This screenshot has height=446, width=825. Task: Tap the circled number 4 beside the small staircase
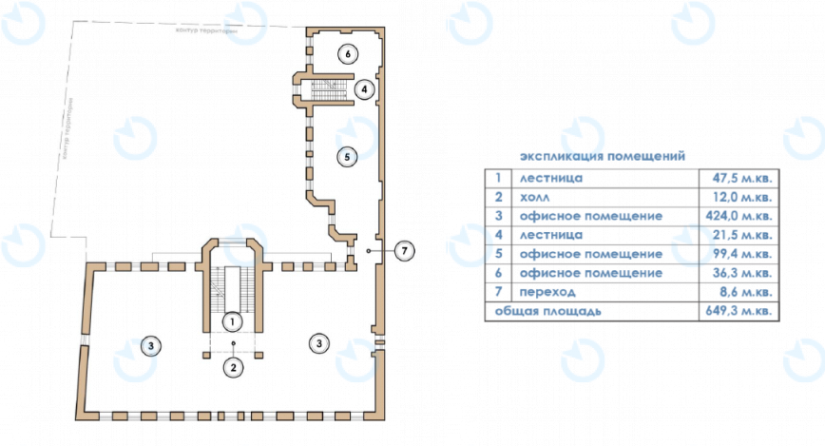pos(363,89)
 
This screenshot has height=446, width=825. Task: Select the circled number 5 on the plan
pos(349,154)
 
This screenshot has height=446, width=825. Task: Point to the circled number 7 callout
pos(405,250)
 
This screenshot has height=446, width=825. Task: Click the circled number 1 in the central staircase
pos(231,322)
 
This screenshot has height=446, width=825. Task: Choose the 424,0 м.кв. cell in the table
pos(734,216)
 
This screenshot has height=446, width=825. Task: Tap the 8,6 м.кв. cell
pos(740,292)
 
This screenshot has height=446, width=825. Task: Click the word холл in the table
pos(535,197)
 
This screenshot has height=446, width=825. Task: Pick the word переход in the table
pos(547,292)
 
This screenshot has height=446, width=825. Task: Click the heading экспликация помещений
pos(603,155)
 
